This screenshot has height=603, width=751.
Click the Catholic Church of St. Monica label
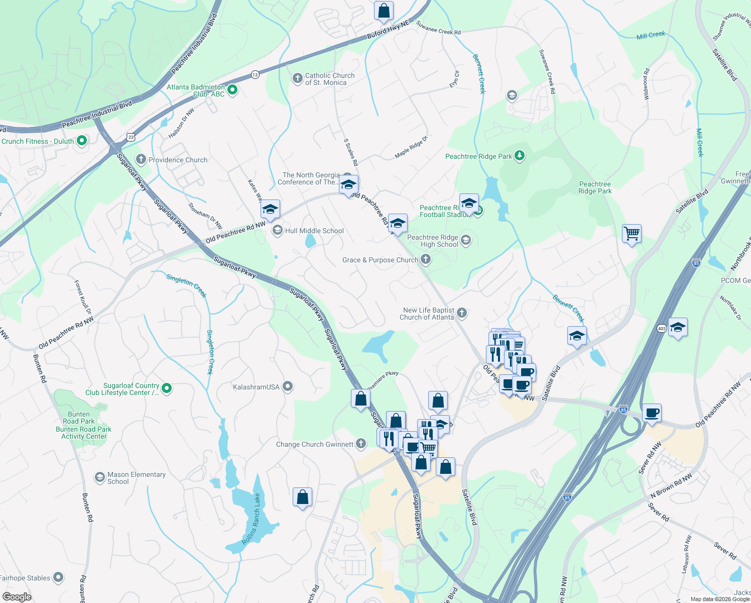click(x=330, y=79)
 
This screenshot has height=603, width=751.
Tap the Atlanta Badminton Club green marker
click(x=232, y=90)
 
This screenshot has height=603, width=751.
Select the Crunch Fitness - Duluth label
click(x=38, y=141)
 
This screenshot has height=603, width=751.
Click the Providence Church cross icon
click(x=141, y=160)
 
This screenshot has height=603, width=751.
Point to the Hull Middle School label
click(x=314, y=231)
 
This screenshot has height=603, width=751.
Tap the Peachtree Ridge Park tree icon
click(x=520, y=156)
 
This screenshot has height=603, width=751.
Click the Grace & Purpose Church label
click(x=380, y=260)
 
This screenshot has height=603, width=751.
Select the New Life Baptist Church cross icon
click(x=462, y=313)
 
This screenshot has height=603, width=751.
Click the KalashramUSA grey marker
click(x=288, y=386)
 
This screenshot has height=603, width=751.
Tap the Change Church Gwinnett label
click(x=315, y=444)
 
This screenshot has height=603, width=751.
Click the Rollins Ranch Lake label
click(x=252, y=519)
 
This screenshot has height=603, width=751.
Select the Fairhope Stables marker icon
click(x=58, y=577)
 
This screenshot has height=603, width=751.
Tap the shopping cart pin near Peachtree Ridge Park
click(x=632, y=234)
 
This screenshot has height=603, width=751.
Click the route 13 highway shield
click(x=256, y=74)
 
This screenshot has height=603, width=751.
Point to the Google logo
click(x=17, y=597)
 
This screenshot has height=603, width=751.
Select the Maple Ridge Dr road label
click(x=411, y=147)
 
